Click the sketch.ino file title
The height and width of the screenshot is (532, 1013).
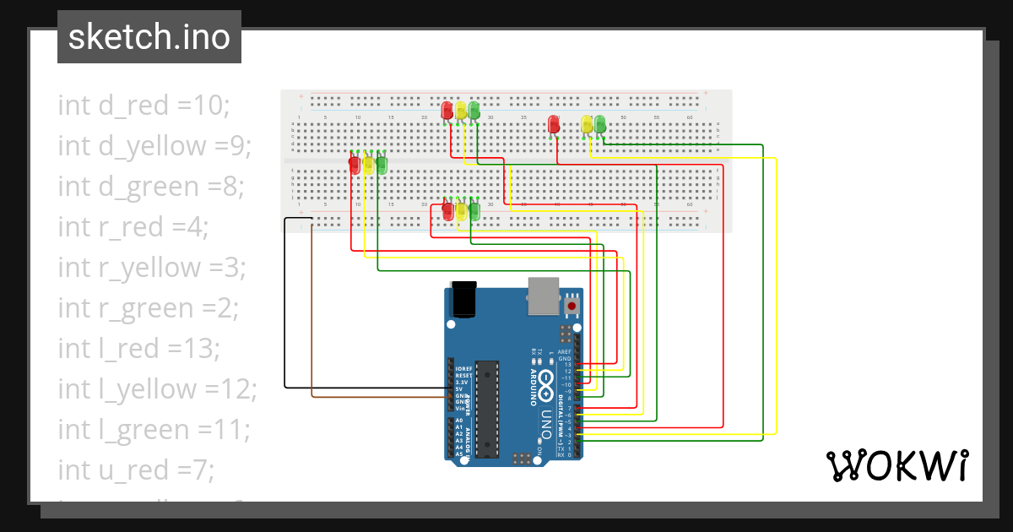click(x=149, y=37)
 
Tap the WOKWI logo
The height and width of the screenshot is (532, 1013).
click(x=896, y=465)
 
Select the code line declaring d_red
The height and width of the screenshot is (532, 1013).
click(x=144, y=106)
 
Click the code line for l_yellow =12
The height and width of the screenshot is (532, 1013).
click(x=157, y=389)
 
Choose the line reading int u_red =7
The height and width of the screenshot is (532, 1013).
click(x=136, y=470)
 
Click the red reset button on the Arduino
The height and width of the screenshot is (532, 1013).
click(x=572, y=305)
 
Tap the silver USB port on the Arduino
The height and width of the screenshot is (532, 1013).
click(x=544, y=296)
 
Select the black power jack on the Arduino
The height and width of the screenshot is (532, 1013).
click(x=464, y=299)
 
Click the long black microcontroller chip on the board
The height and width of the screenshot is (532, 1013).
click(x=486, y=408)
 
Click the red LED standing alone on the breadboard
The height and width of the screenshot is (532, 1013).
click(x=554, y=124)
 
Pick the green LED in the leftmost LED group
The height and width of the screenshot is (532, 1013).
click(x=382, y=165)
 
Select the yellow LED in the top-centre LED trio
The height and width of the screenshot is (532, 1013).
click(x=461, y=111)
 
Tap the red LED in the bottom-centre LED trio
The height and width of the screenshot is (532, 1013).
click(x=447, y=210)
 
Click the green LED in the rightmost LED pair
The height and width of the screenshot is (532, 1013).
click(x=600, y=124)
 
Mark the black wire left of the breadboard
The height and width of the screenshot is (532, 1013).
click(x=285, y=304)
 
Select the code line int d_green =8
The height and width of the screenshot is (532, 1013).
click(x=151, y=187)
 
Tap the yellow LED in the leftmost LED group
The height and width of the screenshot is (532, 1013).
click(x=368, y=165)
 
